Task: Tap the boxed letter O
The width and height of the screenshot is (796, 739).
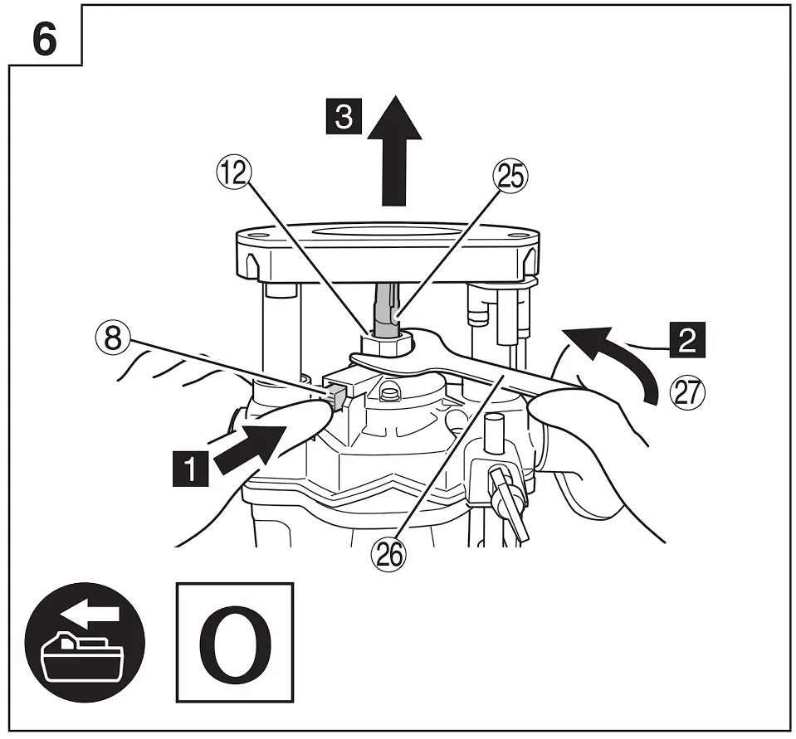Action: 236,643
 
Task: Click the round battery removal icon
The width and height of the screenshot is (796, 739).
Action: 85,644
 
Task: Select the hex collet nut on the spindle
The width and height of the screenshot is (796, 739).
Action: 385,342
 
